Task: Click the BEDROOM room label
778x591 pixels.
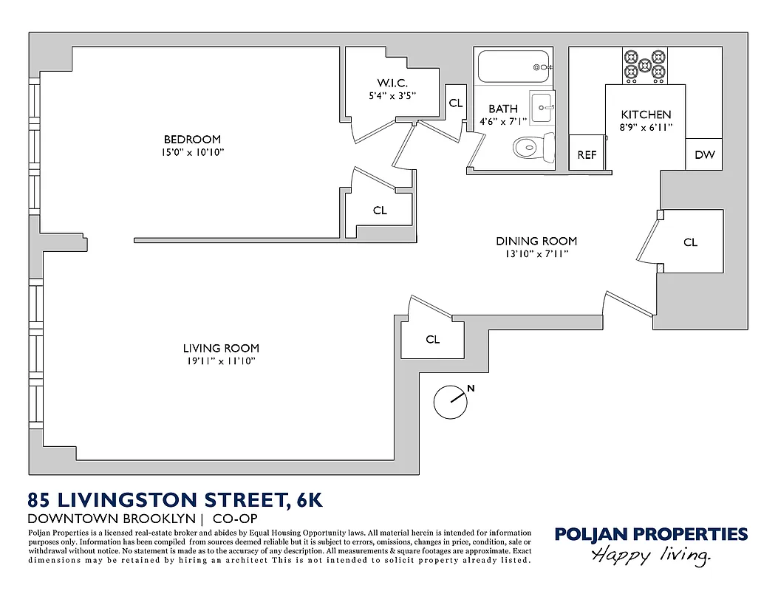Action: (x=192, y=139)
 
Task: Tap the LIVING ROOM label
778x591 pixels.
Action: (x=221, y=348)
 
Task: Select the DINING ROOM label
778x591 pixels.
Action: (x=536, y=241)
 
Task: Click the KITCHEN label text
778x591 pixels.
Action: (x=646, y=115)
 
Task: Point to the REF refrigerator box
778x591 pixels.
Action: (x=587, y=154)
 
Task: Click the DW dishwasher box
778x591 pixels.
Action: (x=704, y=155)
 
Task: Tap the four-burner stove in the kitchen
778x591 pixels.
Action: (x=644, y=65)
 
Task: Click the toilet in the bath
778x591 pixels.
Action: (x=532, y=147)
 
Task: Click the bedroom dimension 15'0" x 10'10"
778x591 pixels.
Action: (x=192, y=152)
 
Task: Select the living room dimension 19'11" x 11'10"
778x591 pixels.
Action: (x=221, y=361)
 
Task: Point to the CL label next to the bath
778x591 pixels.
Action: (x=456, y=103)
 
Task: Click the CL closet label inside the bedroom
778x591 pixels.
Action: (x=380, y=211)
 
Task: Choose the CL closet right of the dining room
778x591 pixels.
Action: (x=690, y=242)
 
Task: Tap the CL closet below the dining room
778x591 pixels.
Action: (x=433, y=339)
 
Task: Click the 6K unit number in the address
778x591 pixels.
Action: (x=309, y=500)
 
